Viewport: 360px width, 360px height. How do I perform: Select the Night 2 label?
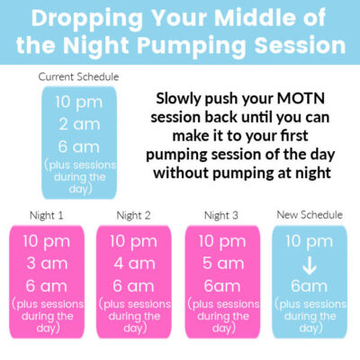click(x=133, y=215)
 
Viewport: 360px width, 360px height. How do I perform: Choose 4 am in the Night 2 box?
click(x=133, y=264)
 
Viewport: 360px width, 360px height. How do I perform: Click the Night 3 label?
click(x=221, y=215)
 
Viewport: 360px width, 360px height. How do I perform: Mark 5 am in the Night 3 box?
click(x=221, y=264)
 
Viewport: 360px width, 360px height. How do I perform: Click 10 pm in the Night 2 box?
click(x=133, y=241)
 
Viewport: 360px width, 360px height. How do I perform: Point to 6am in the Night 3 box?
click(x=221, y=285)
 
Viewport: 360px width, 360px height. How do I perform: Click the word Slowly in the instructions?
click(x=182, y=97)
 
